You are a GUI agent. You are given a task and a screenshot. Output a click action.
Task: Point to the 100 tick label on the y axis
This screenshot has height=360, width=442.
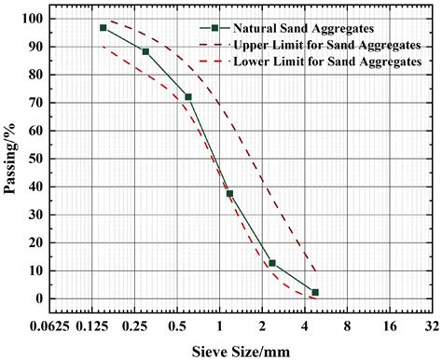34,19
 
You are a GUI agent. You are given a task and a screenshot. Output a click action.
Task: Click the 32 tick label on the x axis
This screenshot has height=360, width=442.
432,326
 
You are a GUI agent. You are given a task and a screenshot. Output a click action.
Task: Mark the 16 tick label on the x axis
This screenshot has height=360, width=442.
390,326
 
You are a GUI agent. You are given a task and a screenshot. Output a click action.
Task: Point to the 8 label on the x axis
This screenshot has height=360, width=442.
347,326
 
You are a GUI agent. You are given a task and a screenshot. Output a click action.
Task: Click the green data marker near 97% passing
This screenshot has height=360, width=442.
104,28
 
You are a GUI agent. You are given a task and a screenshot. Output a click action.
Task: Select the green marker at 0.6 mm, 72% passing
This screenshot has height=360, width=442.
188,97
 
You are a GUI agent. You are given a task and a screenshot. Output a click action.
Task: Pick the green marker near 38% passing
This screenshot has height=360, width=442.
230,193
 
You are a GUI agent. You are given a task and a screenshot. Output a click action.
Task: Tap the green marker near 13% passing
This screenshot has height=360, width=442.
272,263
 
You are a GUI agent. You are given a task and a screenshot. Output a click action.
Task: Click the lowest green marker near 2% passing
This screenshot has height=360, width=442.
315,292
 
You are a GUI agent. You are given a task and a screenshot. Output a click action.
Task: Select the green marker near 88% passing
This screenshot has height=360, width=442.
145,51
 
